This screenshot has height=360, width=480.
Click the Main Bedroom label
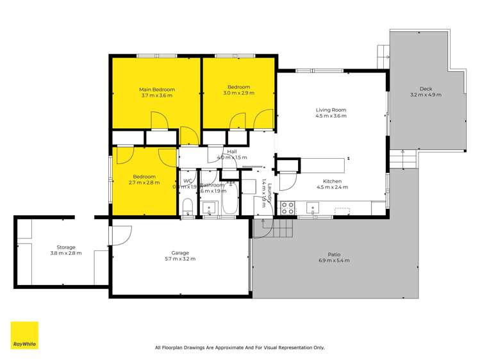point(157,89)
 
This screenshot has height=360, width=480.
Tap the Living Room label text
point(331,110)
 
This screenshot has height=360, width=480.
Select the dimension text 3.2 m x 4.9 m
point(426,95)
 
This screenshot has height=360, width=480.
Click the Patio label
point(331,254)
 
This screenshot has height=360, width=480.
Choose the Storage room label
point(65,247)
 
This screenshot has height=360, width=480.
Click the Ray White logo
point(24,335)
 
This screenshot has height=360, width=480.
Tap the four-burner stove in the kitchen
point(288,208)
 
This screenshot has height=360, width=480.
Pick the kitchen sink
point(313,206)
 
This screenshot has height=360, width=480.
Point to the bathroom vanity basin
point(209,207)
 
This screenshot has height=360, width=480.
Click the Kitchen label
point(332,181)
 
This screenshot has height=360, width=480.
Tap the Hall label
point(232,151)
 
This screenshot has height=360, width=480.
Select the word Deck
point(426,88)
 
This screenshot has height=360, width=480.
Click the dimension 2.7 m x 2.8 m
point(144,183)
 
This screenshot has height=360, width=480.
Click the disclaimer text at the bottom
point(240,348)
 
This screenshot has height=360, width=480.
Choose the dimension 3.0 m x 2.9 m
point(238,93)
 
